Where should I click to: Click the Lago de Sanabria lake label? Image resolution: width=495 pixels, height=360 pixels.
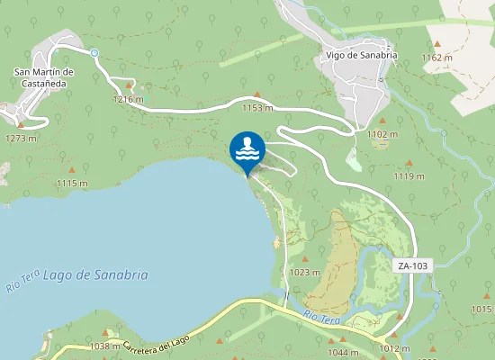95,275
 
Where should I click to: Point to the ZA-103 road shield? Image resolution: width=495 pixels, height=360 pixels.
412,265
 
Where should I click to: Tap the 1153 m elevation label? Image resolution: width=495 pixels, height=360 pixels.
257,108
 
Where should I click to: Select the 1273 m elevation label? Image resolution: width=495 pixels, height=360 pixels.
21,139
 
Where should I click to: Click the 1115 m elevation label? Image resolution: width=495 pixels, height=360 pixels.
72,183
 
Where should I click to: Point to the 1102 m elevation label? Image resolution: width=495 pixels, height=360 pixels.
382,134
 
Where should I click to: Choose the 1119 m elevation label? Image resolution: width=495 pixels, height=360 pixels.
409,176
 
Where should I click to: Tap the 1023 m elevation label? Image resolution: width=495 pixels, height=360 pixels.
305,273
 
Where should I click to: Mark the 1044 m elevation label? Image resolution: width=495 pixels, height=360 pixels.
342,352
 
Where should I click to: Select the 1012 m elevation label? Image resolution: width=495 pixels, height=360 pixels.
394,348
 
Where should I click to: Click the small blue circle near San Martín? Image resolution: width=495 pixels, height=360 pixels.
94,53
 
